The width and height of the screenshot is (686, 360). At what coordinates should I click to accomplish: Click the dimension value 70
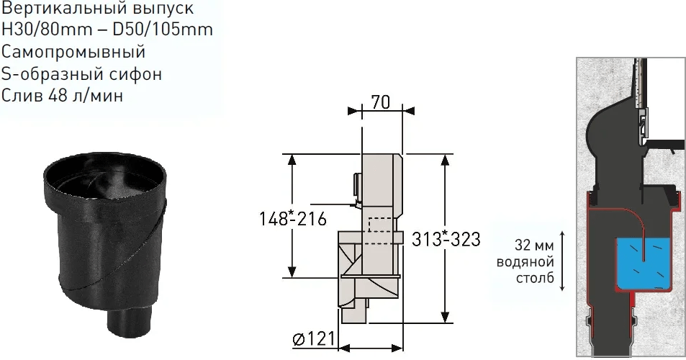(x=381, y=102)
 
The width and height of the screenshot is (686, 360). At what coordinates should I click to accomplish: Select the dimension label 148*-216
(x=293, y=218)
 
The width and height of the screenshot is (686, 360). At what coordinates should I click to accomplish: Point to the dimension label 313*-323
(x=446, y=239)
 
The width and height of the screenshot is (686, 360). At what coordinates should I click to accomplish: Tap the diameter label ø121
(x=313, y=338)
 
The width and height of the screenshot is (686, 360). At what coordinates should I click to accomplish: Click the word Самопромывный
(x=73, y=52)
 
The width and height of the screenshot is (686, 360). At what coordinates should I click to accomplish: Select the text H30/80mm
(x=47, y=30)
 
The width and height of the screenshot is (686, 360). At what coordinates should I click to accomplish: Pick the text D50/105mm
(x=163, y=30)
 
